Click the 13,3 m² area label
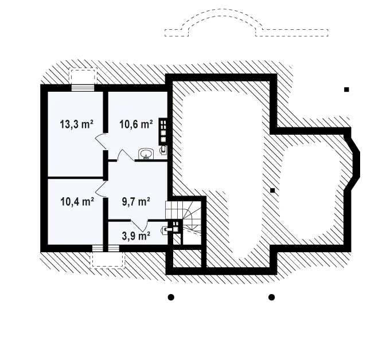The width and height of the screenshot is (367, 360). pyautogui.click(x=77, y=124)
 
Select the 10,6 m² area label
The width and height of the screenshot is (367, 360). pyautogui.click(x=136, y=124)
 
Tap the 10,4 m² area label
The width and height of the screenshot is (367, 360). pyautogui.click(x=77, y=201)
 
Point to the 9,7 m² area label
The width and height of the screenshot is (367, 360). pyautogui.click(x=136, y=201)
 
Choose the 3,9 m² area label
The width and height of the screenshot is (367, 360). pyautogui.click(x=136, y=236)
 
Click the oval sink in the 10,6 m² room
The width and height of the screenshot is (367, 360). pyautogui.click(x=146, y=154)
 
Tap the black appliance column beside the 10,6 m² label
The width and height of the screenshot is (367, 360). pyautogui.click(x=163, y=132)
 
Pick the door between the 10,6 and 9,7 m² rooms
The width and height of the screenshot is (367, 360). pyautogui.click(x=126, y=155)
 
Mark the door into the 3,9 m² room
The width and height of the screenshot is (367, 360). pyautogui.click(x=139, y=225)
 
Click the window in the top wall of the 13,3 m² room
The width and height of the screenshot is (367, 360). pyautogui.click(x=83, y=88)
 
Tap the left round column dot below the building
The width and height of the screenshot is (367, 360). pyautogui.click(x=171, y=298)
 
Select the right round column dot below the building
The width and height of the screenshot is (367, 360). pyautogui.click(x=271, y=298)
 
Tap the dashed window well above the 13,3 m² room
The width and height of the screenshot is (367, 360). pyautogui.click(x=83, y=76)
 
